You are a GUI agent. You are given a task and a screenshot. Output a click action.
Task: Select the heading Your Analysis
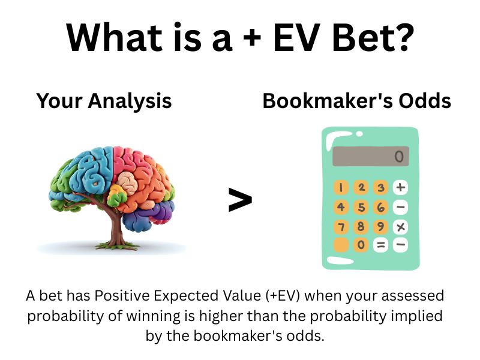[x=104, y=101]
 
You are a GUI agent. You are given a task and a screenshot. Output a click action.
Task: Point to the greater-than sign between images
[x=240, y=200]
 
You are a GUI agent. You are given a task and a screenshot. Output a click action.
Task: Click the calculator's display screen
[x=370, y=157]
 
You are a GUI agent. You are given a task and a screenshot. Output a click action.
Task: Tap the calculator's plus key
[x=400, y=187]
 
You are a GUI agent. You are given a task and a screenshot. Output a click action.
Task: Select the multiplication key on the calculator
[x=400, y=227]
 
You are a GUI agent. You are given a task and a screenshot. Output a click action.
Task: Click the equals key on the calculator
[x=380, y=245]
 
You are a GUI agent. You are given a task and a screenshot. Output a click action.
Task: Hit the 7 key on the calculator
[x=341, y=227]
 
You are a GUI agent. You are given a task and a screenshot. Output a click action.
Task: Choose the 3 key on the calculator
[x=380, y=187]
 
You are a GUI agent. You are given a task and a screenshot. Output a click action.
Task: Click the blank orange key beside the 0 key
[x=341, y=245]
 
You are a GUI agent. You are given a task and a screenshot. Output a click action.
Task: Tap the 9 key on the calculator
[x=380, y=227]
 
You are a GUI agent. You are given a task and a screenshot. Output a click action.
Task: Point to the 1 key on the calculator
[x=341, y=187]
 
